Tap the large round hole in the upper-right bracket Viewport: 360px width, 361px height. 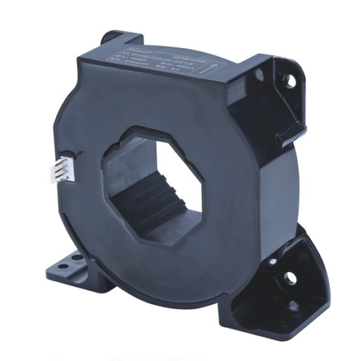(291, 80)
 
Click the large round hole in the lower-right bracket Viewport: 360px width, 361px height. (291, 279)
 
